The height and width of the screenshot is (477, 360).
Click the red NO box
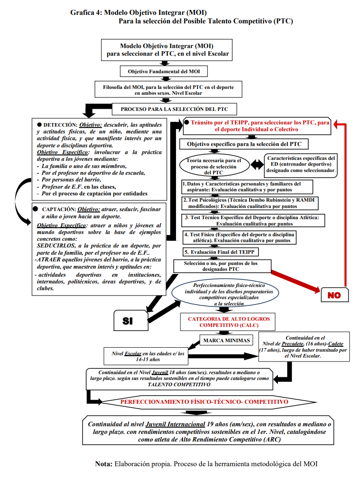(334, 295)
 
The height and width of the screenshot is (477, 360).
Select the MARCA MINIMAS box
(226, 340)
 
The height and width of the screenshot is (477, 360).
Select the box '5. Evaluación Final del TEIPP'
(220, 252)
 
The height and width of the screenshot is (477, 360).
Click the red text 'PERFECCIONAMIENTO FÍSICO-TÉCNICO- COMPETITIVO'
(204, 402)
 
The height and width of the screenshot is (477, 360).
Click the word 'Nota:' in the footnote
(104, 464)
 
